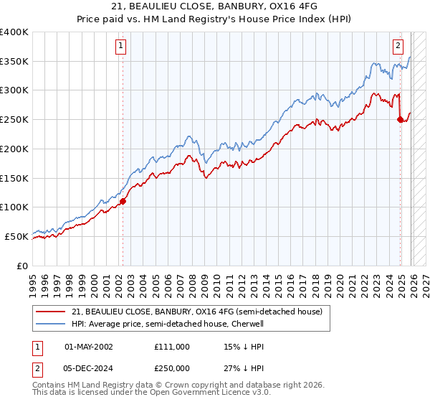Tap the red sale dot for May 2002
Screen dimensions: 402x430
click(123, 201)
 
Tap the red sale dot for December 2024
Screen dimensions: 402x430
click(400, 120)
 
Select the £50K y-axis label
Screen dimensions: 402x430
click(16, 236)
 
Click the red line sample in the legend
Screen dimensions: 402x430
click(50, 312)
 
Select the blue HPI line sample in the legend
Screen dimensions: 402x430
click(50, 324)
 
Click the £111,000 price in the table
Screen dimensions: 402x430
click(171, 346)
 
